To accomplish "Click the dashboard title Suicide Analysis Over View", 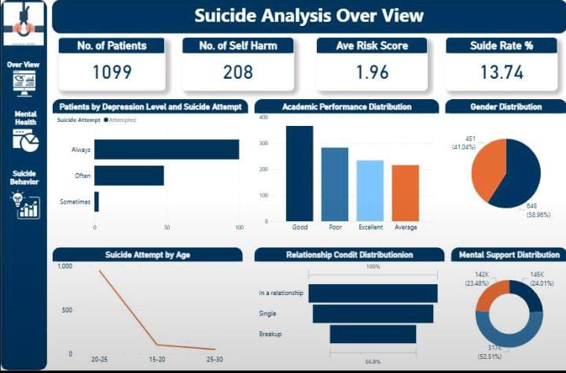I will (x=308, y=16).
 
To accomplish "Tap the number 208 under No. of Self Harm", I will (x=238, y=72).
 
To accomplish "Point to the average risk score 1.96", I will (x=373, y=72).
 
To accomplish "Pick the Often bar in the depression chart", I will (x=129, y=175).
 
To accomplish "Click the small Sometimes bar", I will (x=97, y=201).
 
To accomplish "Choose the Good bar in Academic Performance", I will (x=300, y=174).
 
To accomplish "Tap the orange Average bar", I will (x=405, y=193).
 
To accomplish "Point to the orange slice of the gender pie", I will (x=488, y=169).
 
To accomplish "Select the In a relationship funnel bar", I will (x=373, y=293).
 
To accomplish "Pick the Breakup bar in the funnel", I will (x=373, y=334).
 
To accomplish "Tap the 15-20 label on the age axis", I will (x=156, y=359).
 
